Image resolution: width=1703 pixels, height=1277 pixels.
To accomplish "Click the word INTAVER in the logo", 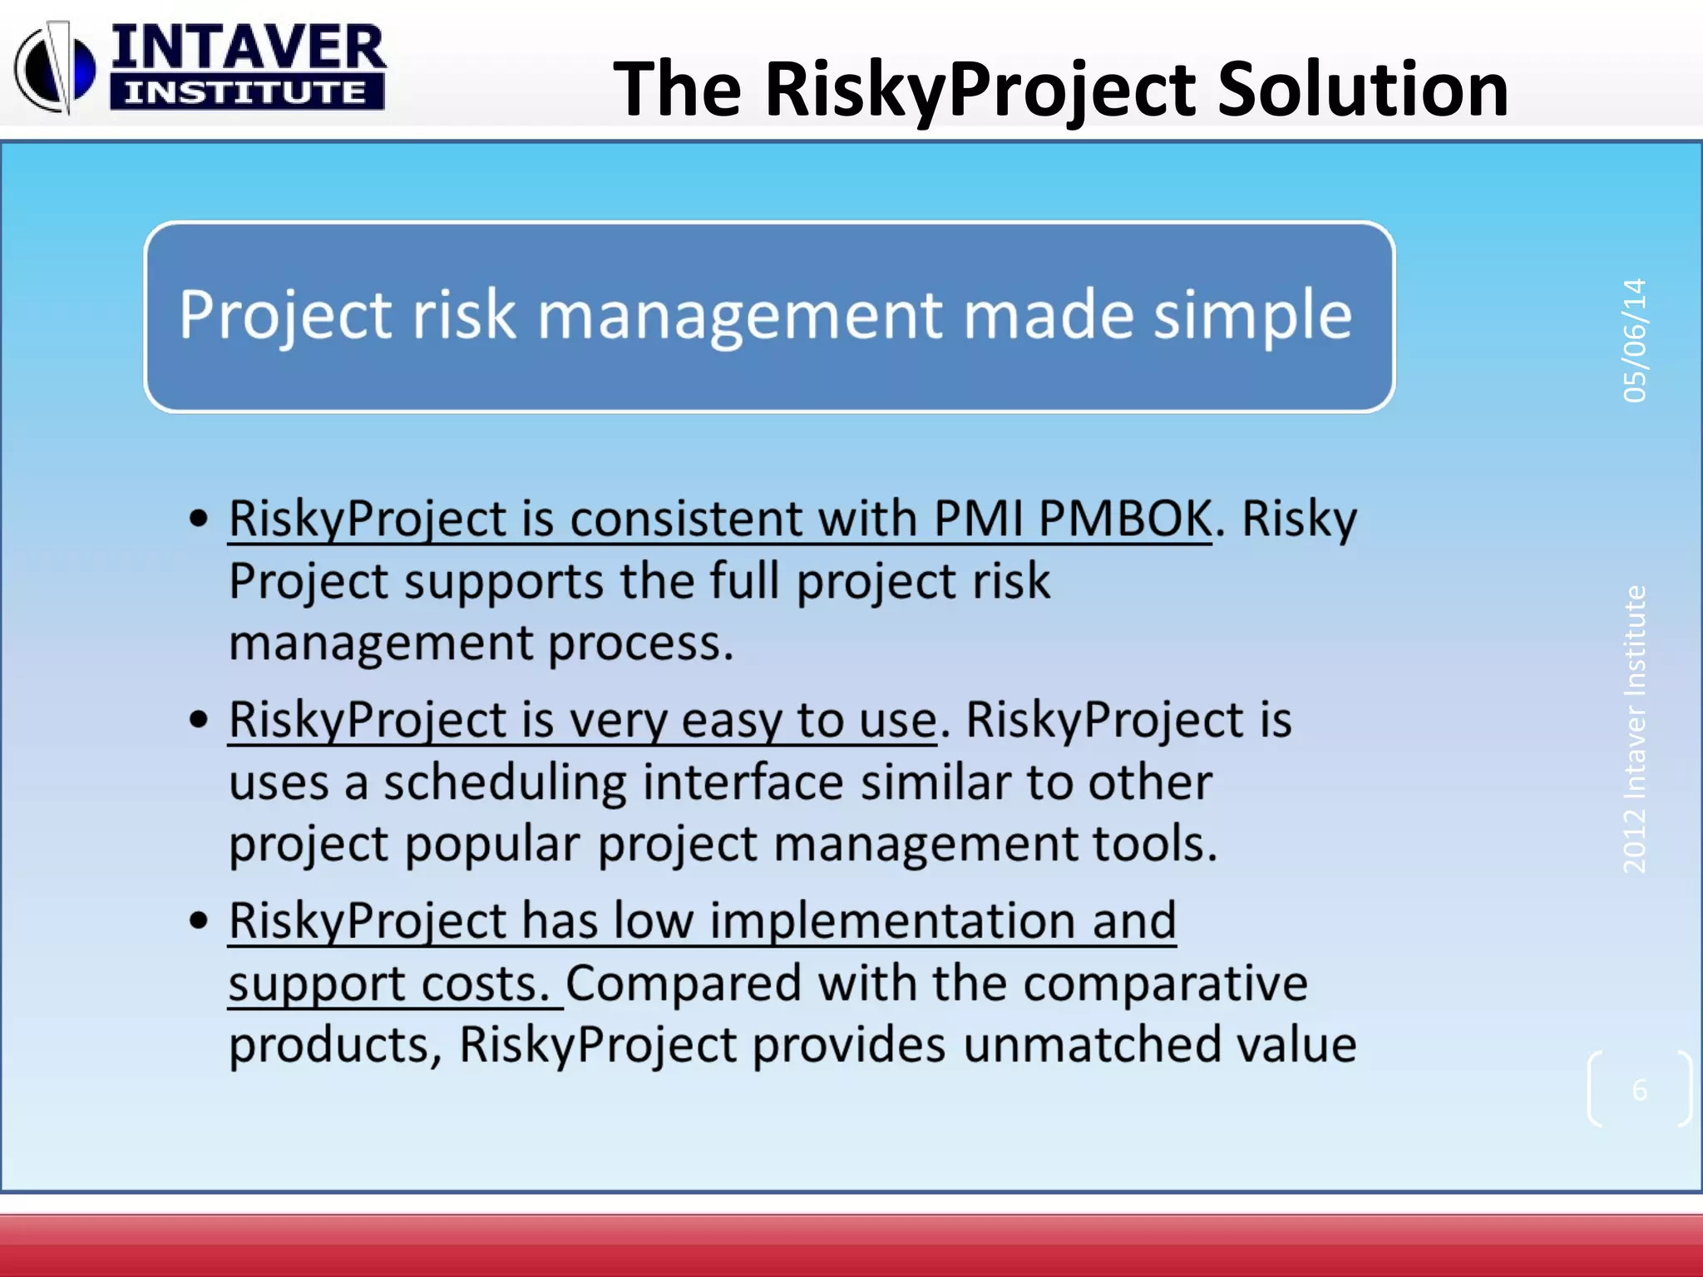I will tap(248, 48).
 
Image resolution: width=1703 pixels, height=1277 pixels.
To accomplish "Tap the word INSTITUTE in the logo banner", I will tap(245, 92).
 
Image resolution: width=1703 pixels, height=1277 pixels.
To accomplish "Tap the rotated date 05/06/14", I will tap(1635, 340).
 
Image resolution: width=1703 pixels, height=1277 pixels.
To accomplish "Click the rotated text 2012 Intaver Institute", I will tap(1635, 729).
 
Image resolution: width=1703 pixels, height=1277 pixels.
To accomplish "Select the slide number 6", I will tap(1639, 1089).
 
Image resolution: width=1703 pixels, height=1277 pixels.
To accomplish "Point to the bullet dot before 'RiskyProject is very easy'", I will tap(199, 720).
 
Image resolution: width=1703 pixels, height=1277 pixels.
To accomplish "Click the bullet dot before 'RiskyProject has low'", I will tap(199, 920).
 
